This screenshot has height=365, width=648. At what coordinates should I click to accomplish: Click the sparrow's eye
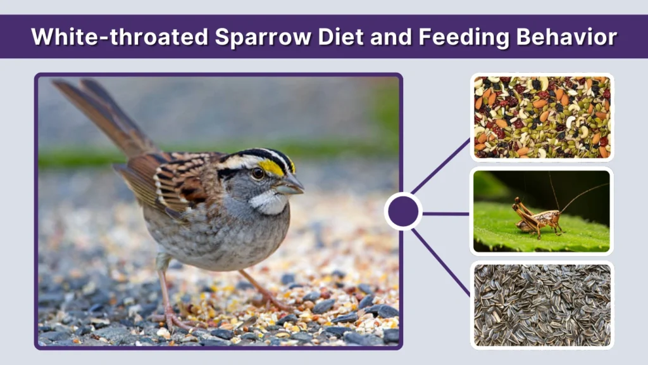(258, 172)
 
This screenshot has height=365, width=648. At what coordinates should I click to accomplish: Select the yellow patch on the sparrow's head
(273, 167)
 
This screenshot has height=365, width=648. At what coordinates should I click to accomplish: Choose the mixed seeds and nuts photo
(542, 117)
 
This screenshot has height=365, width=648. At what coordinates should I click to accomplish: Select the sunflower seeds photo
(542, 305)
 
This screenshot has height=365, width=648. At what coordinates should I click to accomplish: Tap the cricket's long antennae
(579, 194)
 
